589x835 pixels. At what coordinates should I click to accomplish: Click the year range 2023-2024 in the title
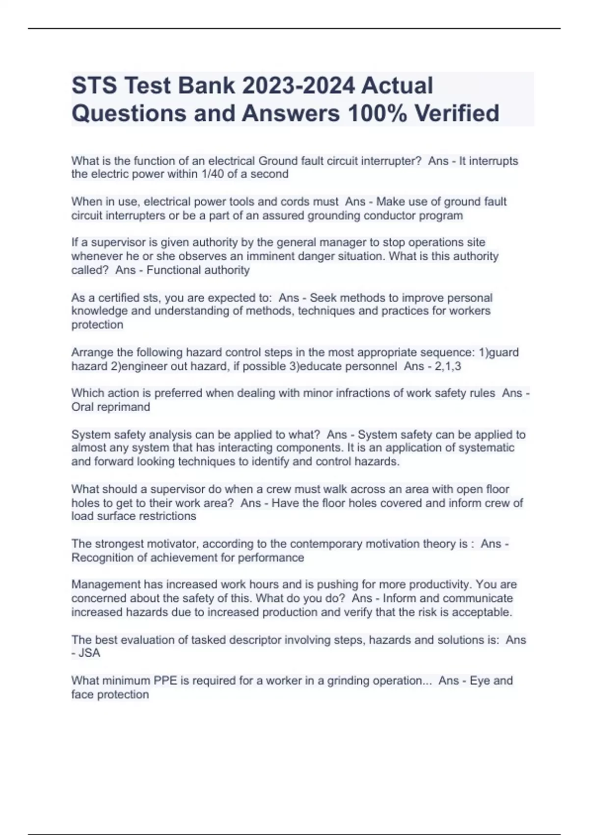[298, 86]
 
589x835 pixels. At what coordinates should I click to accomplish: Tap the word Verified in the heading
[456, 113]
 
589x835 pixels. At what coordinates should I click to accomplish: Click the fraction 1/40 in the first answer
[211, 174]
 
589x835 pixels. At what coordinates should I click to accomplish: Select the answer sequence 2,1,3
[448, 366]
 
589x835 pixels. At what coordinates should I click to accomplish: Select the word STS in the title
[94, 86]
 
